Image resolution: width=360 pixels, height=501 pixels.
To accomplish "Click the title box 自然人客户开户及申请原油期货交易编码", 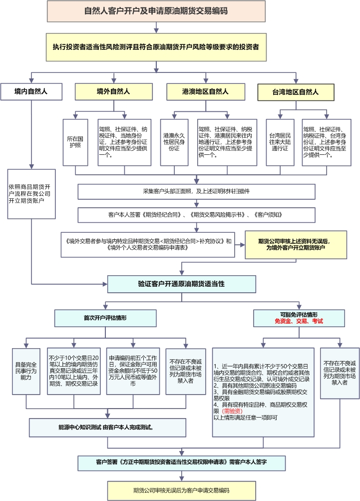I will [x=156, y=11].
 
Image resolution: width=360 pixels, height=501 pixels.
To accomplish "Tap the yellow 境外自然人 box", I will [x=113, y=91].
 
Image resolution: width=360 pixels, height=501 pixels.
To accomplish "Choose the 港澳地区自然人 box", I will [x=205, y=91].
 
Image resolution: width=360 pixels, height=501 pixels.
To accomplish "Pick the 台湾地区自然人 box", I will [x=296, y=91].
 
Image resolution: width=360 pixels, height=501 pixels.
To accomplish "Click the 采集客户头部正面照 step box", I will [x=196, y=191].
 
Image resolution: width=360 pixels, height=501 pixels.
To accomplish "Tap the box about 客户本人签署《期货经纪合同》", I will [x=196, y=214].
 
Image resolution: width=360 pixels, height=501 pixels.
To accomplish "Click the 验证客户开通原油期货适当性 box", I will [x=181, y=283].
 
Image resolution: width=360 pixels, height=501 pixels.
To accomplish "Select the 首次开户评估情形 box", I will [x=105, y=318].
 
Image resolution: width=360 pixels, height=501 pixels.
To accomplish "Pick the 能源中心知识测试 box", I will [x=106, y=428].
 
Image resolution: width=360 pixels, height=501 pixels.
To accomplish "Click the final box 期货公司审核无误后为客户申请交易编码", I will [x=181, y=490].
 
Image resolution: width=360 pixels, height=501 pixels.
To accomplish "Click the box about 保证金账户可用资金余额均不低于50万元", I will [x=132, y=371].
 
